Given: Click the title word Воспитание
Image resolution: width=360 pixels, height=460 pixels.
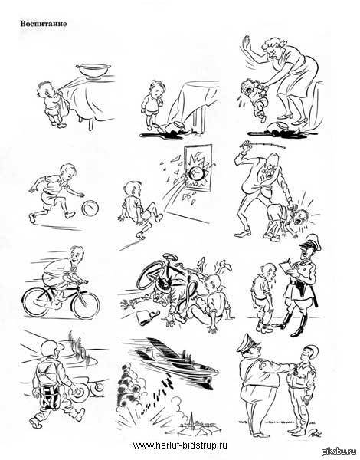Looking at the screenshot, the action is click(x=44, y=24).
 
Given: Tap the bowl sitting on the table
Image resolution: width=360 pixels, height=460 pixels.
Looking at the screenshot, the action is click(x=93, y=71).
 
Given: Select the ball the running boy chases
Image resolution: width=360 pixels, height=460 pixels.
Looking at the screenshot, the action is click(x=90, y=208).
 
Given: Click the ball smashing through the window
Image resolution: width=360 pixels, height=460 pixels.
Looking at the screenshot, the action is click(x=195, y=174).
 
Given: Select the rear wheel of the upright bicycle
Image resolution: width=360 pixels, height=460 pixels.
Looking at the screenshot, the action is click(x=38, y=302).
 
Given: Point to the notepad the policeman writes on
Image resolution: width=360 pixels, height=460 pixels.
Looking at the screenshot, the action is click(x=286, y=268).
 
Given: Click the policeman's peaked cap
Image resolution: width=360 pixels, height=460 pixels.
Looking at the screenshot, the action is click(x=310, y=242).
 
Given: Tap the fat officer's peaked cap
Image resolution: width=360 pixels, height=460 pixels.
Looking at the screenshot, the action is click(x=248, y=343).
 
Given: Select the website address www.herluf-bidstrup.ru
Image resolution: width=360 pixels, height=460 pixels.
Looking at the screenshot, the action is click(x=180, y=445).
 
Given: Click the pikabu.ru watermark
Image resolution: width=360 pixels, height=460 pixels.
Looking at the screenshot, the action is click(x=340, y=452).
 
